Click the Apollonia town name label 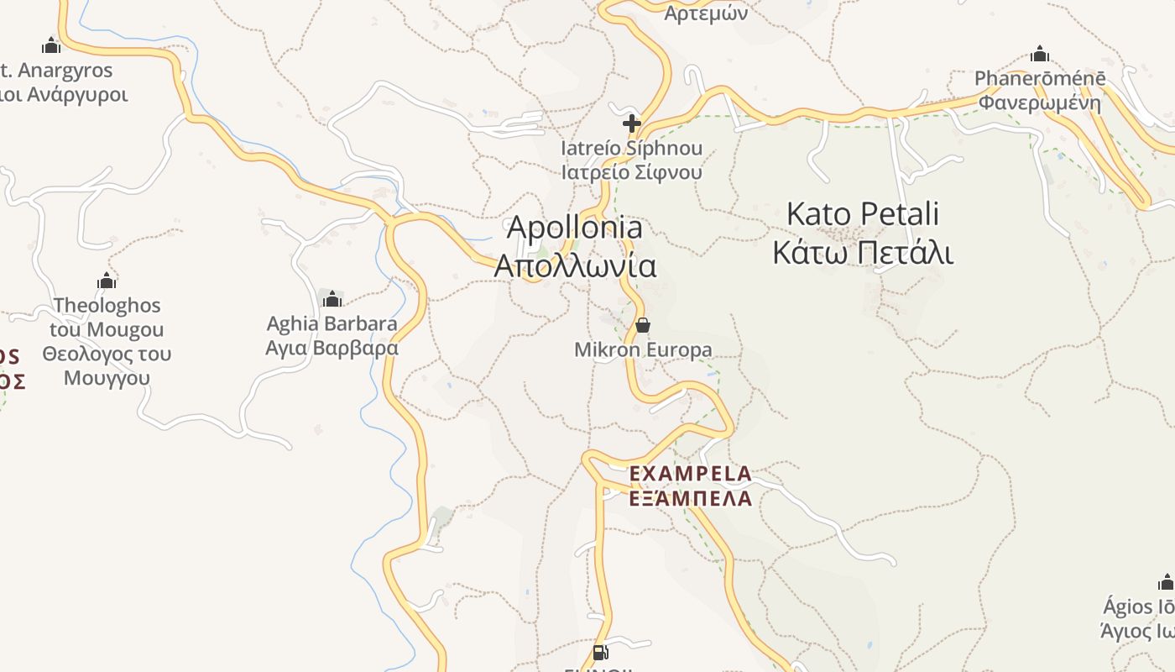[575, 228]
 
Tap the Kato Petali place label [862, 214]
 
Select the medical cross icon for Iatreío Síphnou [632, 124]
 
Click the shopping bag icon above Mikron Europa [643, 325]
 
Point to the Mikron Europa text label [643, 350]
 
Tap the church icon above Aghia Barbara [332, 299]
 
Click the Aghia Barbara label [332, 323]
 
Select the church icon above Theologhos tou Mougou [107, 281]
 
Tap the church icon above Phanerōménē [1040, 55]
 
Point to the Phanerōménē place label [1040, 79]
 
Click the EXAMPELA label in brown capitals [690, 475]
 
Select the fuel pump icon [600, 653]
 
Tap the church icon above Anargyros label [51, 45]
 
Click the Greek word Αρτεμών [706, 14]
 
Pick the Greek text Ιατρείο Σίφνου [632, 172]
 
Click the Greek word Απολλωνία [575, 265]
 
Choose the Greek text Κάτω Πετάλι [862, 252]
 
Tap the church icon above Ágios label [1166, 583]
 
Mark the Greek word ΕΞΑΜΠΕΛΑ [690, 498]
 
